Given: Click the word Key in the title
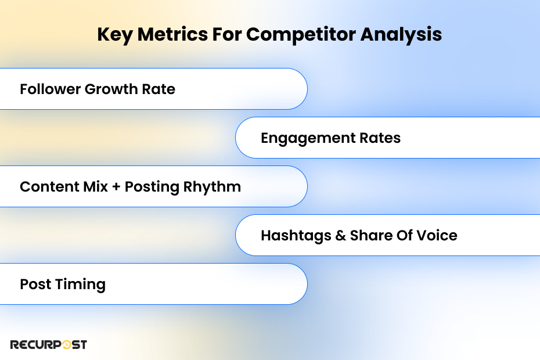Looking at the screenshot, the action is [x=115, y=35].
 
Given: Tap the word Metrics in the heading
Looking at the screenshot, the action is [x=172, y=34].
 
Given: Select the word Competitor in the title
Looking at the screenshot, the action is [x=301, y=35].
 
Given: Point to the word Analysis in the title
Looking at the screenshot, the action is [x=401, y=35].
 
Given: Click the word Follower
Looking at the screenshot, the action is [x=50, y=89].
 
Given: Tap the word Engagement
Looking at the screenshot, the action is [x=308, y=139].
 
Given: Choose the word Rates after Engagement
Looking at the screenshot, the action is [x=380, y=138].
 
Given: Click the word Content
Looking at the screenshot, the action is [x=49, y=187].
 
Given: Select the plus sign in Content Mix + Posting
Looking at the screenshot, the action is [x=116, y=187].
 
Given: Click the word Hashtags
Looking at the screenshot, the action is [x=296, y=236].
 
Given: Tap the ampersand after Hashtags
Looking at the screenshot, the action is [x=340, y=236].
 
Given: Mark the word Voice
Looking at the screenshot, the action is [x=437, y=235].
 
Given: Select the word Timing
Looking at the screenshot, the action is [x=80, y=285].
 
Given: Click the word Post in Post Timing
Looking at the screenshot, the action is [x=35, y=284].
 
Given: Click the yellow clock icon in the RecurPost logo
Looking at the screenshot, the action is [x=66, y=344].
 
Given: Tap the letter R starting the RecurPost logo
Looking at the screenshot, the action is [x=14, y=345].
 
